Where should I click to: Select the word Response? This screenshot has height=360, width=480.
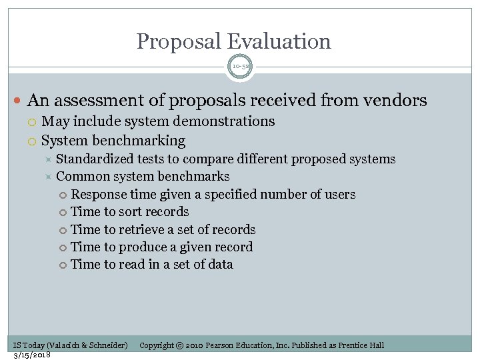[x=98, y=195]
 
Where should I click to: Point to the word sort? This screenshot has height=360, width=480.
[x=133, y=212]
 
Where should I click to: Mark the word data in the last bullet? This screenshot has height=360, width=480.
[x=220, y=265]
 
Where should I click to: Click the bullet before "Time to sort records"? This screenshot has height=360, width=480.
[x=63, y=213]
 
